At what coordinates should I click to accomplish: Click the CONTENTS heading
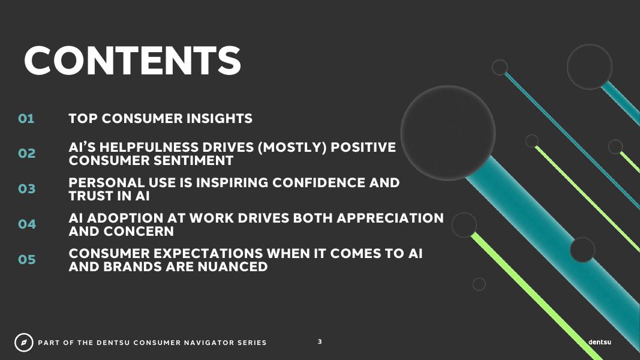tap(133, 61)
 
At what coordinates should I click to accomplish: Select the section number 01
tap(26, 119)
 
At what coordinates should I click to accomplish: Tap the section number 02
tap(26, 154)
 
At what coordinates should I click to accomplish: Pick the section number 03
tap(26, 189)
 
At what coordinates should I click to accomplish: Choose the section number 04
tap(27, 224)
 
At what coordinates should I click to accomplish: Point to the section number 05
tap(27, 260)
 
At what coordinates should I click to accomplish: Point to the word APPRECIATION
tap(390, 218)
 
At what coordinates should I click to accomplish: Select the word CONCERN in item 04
tap(139, 232)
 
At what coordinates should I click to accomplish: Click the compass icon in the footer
tap(23, 343)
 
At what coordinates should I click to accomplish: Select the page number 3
tap(320, 341)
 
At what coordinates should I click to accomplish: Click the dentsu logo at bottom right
tap(600, 342)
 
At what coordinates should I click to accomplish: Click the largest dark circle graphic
tap(447, 133)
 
